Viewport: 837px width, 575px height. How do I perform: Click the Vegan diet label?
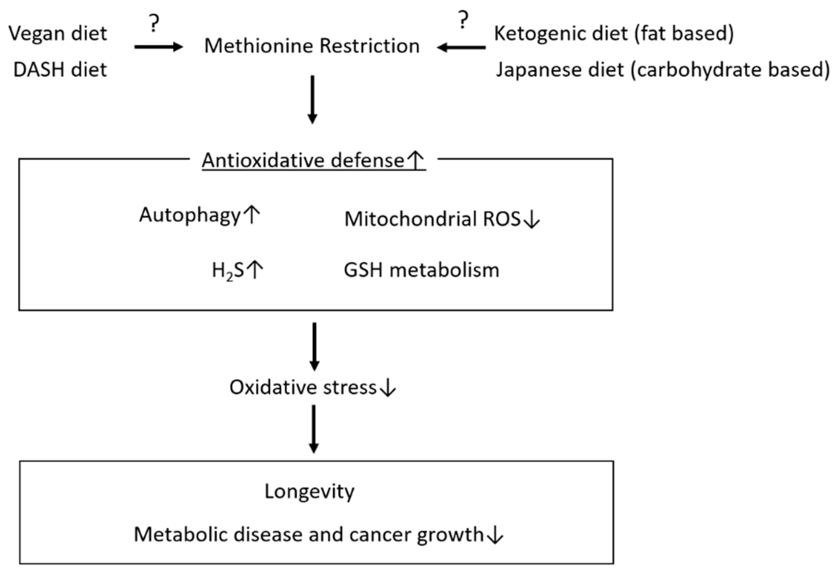58,34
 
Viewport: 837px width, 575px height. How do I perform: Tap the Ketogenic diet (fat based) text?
613,34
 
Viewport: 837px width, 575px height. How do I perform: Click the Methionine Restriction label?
312,46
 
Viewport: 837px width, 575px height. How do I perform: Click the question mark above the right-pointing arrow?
154,24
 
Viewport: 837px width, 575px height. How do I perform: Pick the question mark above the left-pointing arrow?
463,20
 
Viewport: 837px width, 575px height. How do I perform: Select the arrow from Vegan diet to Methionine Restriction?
159,47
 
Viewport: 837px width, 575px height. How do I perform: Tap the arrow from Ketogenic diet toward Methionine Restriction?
461,47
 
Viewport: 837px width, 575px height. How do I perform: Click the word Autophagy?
190,215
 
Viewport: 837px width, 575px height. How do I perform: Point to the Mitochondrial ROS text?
432,219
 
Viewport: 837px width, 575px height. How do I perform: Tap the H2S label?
228,271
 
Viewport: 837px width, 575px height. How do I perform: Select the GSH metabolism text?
421,270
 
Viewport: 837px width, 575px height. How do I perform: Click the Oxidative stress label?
303,388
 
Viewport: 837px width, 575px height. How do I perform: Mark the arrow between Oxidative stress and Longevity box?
314,429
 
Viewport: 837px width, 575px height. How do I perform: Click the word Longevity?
309,491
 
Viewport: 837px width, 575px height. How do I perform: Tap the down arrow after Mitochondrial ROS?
531,220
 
